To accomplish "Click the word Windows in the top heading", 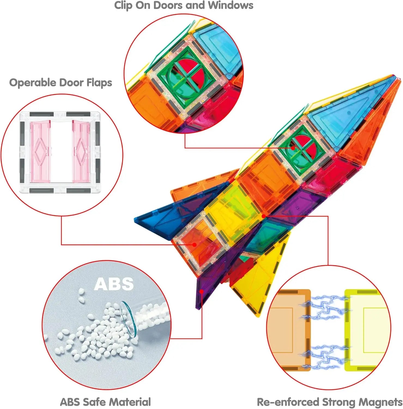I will (x=231, y=5).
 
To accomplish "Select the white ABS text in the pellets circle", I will (x=114, y=284).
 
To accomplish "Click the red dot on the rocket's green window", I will (x=293, y=148).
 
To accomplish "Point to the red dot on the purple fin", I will (x=201, y=291).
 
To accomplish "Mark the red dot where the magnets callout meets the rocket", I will (x=263, y=216).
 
